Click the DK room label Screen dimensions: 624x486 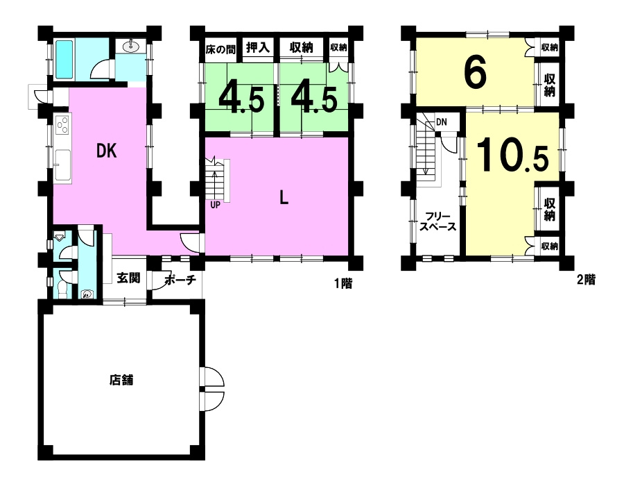click(107, 151)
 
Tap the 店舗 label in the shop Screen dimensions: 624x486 click(121, 380)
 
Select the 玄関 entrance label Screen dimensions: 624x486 click(128, 278)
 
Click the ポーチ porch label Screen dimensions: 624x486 click(180, 280)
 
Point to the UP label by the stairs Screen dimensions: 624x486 click(216, 205)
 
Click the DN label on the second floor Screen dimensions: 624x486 click(442, 122)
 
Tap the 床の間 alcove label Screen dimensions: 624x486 click(220, 49)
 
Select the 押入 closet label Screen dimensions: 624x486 click(258, 48)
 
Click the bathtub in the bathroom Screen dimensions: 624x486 click(64, 60)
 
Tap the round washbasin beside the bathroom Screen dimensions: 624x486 click(131, 47)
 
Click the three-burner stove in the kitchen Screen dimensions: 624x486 click(62, 125)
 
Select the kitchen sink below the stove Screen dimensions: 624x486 click(62, 166)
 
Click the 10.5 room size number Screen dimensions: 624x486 click(512, 156)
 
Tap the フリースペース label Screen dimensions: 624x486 click(438, 222)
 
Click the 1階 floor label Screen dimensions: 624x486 click(343, 283)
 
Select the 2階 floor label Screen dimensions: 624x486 click(586, 280)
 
